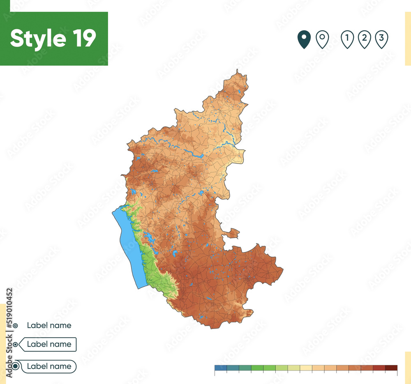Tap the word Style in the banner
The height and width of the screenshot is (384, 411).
click(38, 38)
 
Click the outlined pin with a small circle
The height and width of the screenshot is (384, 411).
click(322, 39)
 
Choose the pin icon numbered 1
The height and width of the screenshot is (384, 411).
click(347, 39)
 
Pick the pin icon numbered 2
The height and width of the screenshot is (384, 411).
click(364, 39)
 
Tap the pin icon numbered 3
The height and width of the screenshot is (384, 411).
click(381, 39)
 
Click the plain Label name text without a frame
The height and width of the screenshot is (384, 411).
click(49, 325)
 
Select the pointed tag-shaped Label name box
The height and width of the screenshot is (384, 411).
click(48, 344)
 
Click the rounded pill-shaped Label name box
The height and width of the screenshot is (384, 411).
click(48, 366)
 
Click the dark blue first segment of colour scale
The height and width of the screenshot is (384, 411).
click(220, 368)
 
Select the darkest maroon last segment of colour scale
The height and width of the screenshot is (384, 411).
click(391, 368)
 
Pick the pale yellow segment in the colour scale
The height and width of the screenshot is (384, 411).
click(306, 368)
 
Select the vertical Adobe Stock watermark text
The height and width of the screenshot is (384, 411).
click(9, 333)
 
